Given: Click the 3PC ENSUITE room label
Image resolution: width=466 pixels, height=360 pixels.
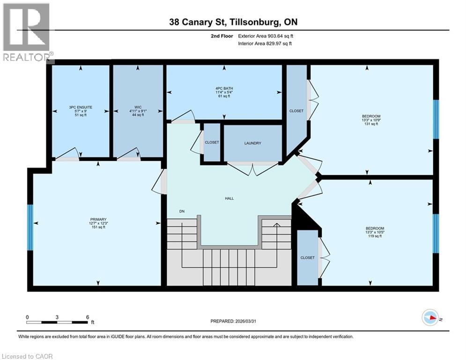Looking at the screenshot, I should click(80, 107).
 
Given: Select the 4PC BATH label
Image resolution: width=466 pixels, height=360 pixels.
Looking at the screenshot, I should click(224, 88).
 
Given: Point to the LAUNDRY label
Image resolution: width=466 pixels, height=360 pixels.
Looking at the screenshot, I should click(252, 143).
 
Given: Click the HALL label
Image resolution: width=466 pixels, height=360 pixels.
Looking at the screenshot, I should click(229, 198).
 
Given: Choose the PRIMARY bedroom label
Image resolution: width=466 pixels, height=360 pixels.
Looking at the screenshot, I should click(98, 219).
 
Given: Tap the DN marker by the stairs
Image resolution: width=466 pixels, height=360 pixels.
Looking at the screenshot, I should click(182, 211).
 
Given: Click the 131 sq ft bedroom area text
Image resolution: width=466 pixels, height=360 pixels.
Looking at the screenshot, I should click(371, 124).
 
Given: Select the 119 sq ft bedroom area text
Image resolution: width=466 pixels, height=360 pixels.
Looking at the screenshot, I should click(371, 236).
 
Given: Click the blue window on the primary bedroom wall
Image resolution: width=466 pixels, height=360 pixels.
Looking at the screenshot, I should click(30, 227).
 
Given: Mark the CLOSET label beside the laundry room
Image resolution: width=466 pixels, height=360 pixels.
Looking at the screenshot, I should click(212, 142).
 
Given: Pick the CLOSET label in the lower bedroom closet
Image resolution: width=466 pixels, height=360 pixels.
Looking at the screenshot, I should click(308, 257).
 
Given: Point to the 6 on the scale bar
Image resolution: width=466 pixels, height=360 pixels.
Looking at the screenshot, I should click(88, 317).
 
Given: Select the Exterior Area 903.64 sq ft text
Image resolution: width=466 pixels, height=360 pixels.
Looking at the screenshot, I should click(266, 36).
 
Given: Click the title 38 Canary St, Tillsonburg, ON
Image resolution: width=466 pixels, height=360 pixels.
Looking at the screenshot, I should click(233, 22).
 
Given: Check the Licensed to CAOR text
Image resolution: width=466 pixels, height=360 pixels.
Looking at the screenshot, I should click(27, 356).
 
